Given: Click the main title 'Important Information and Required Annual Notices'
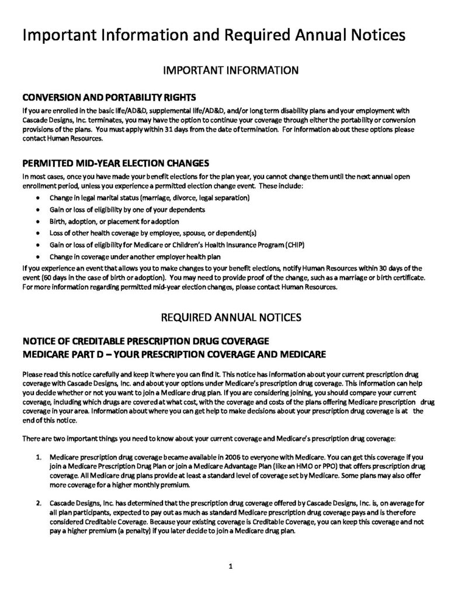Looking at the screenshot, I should tap(213, 36).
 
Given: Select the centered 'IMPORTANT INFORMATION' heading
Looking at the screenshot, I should tap(231, 71).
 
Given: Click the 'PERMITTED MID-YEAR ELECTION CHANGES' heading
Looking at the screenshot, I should tap(115, 162).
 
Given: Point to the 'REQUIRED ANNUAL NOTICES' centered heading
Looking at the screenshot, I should tap(231, 318).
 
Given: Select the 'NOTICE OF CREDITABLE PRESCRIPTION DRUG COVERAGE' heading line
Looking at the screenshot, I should tap(145, 341).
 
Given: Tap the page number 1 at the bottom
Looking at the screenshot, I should tap(231, 566).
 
